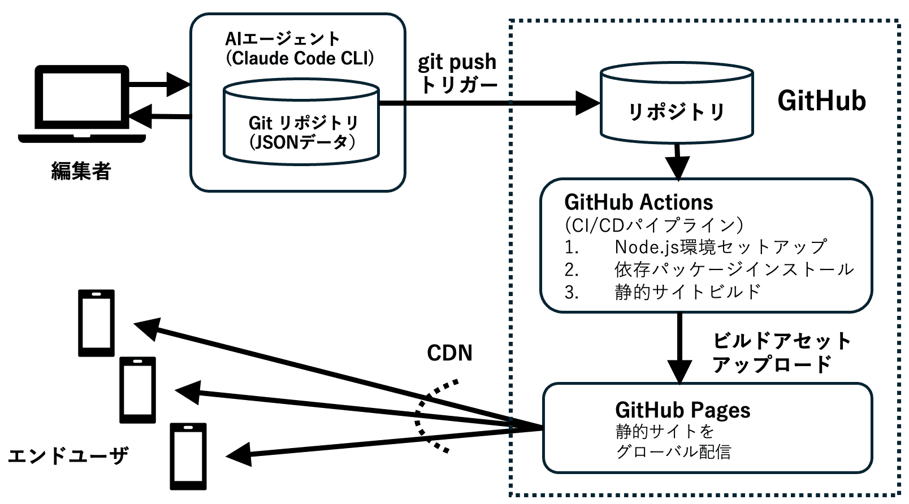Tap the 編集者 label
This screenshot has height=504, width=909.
[81, 171]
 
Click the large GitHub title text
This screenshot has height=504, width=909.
[821, 101]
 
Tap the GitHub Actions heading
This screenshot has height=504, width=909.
[638, 202]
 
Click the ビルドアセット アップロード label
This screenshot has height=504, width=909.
[781, 352]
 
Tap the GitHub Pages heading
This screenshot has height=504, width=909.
[682, 410]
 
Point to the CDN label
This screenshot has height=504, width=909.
[449, 353]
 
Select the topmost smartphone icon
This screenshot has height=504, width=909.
[96, 323]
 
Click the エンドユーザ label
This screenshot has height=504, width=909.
[68, 455]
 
